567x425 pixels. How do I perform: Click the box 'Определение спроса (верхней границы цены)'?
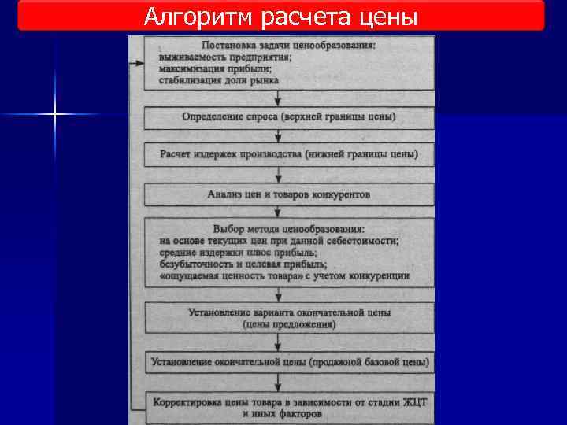tap(289, 117)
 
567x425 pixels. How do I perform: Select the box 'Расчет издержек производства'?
tap(289, 153)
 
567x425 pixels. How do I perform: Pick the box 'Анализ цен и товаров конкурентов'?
tap(289, 194)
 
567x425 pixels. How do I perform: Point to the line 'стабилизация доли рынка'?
tap(218, 80)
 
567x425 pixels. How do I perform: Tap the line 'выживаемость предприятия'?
tap(225, 57)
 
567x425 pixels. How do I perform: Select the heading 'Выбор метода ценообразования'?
tap(289, 228)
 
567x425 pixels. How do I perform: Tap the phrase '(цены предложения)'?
tap(289, 324)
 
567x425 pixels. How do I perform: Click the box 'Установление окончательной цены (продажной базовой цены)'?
tap(289, 362)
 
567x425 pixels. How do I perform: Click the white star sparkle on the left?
tap(55, 115)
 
